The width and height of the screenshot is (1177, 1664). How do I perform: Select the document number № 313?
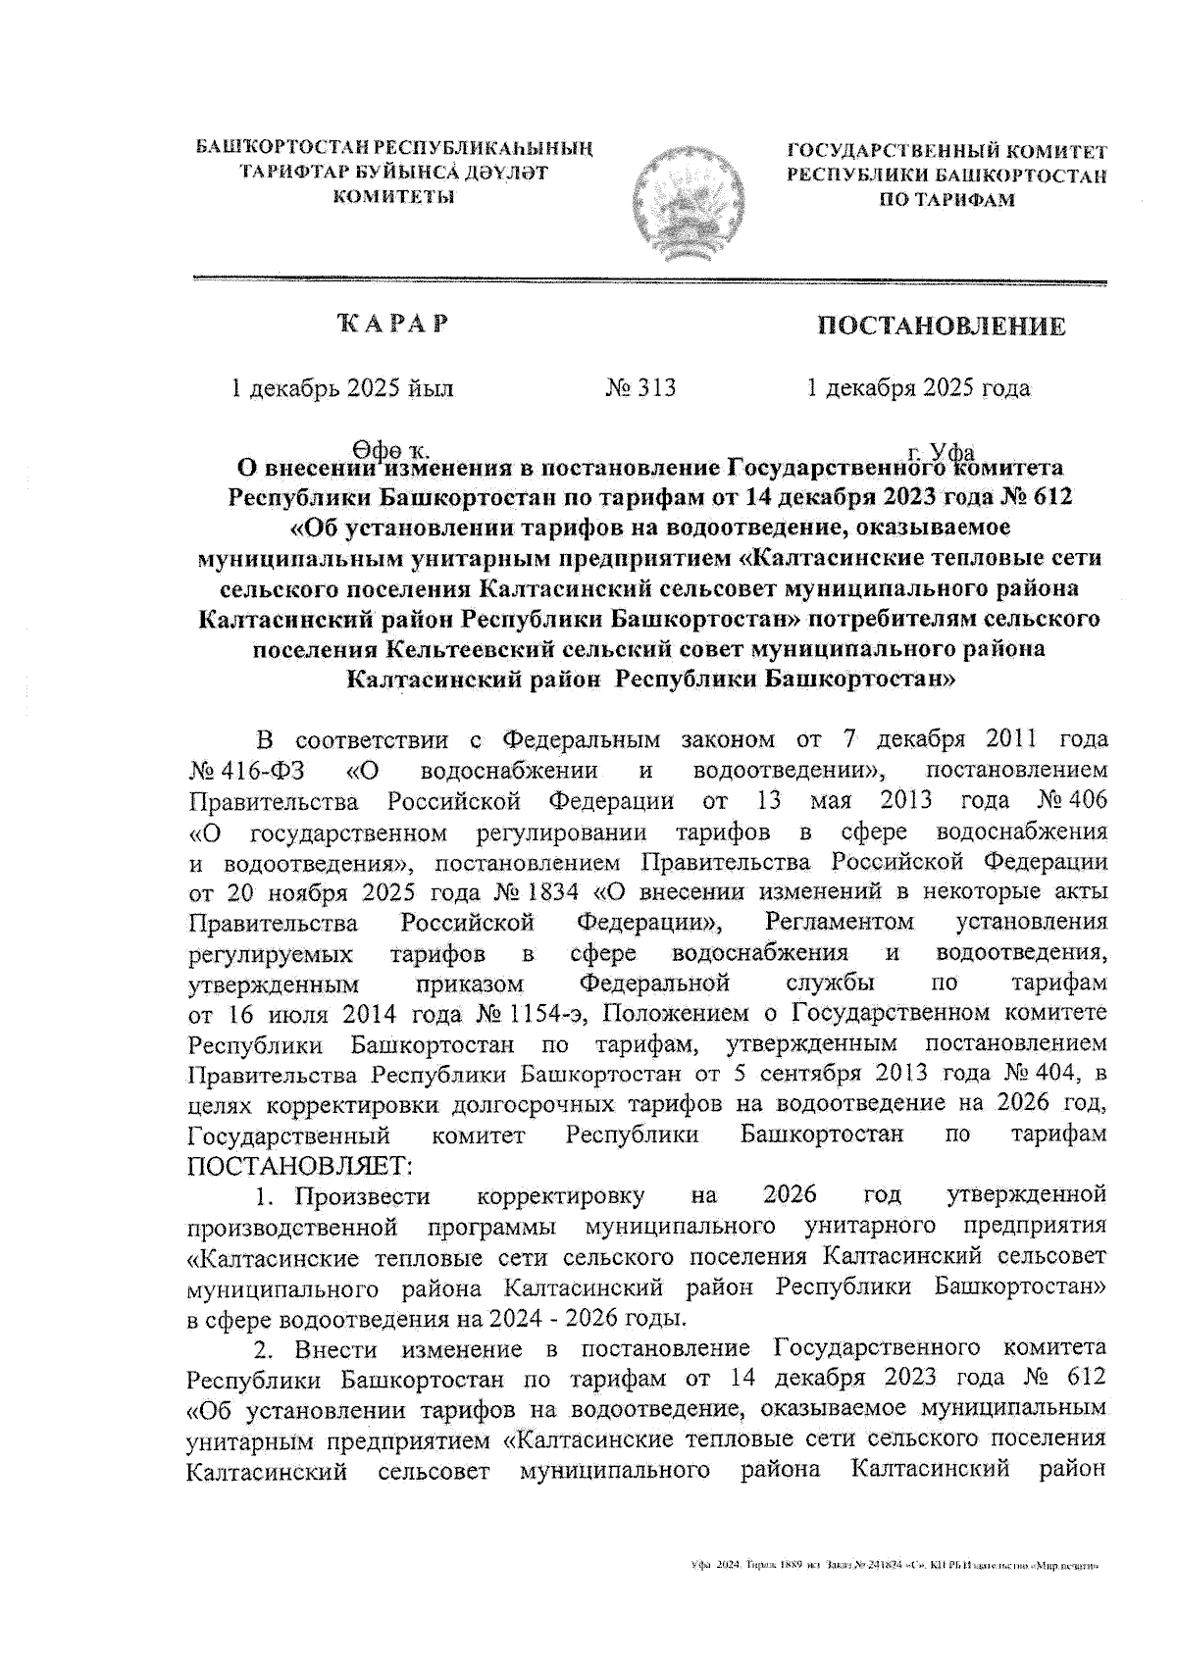641,388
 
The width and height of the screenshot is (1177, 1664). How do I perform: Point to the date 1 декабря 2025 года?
918,388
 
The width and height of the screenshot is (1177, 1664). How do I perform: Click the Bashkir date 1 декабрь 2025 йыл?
341,388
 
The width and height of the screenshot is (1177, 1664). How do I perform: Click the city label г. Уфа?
941,452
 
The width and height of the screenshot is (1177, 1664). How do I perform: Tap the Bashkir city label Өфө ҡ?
390,452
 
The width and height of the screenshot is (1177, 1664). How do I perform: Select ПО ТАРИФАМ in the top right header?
947,200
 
